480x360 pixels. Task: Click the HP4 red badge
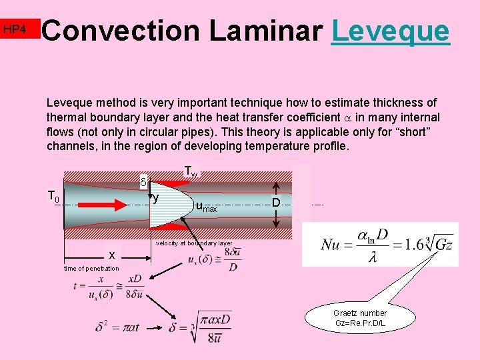(x=14, y=29)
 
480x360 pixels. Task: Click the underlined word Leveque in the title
(x=390, y=31)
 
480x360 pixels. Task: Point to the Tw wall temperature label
(x=191, y=172)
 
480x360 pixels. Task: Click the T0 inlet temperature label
(x=53, y=196)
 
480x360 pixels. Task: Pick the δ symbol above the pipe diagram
(x=143, y=181)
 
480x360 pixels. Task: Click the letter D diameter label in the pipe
(x=275, y=202)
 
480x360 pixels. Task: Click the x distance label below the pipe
(x=111, y=255)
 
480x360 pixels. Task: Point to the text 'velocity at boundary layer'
(x=194, y=243)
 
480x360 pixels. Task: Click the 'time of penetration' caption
(x=91, y=268)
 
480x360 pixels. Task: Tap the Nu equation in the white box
(x=380, y=245)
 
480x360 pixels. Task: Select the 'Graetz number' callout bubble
(x=359, y=317)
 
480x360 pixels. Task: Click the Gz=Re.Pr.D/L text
(x=360, y=323)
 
